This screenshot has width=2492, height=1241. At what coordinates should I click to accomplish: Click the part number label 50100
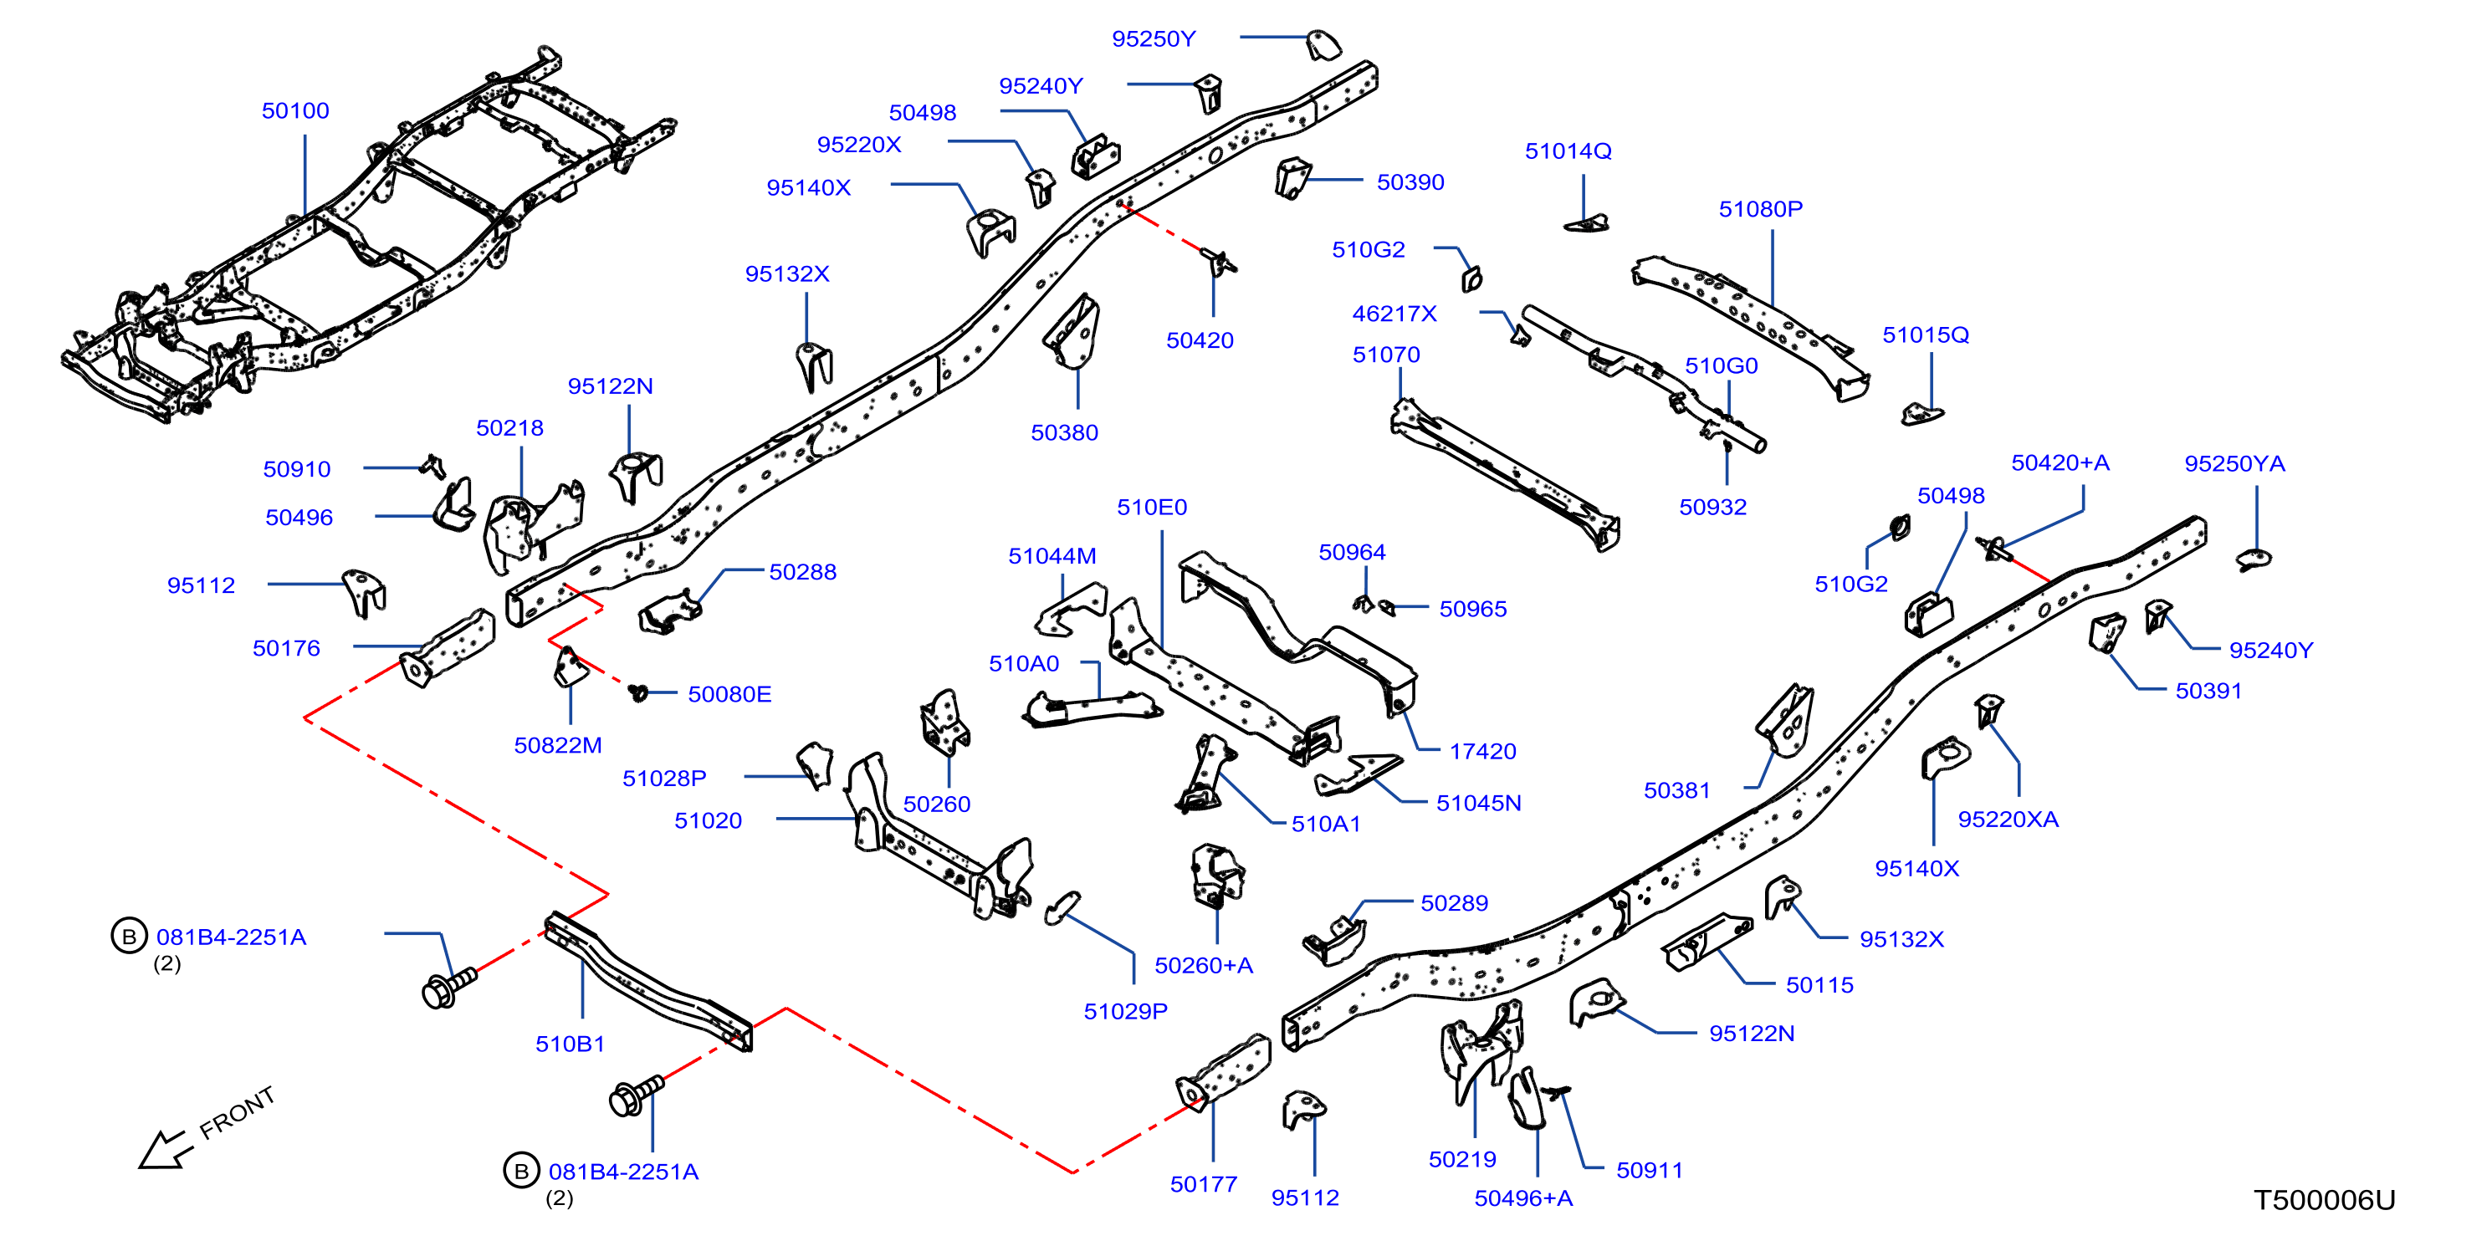click(295, 111)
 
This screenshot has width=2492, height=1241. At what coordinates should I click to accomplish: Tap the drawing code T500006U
click(2324, 1200)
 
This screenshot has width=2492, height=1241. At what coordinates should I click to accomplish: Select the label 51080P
click(1760, 209)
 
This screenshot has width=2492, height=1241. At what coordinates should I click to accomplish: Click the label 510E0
click(1151, 507)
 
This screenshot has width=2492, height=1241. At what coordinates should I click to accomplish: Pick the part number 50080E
click(729, 694)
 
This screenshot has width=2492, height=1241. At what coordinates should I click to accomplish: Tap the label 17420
click(1482, 752)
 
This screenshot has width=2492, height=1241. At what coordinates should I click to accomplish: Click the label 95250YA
click(2234, 464)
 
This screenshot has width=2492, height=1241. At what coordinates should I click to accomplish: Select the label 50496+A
click(1523, 1198)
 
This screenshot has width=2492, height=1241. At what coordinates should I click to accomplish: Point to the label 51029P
click(1125, 1012)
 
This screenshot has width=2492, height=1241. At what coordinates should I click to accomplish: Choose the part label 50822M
click(558, 746)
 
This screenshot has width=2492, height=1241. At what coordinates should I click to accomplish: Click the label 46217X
click(1394, 314)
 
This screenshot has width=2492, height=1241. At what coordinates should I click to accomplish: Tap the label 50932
click(1712, 508)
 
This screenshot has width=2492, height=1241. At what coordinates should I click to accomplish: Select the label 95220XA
click(2008, 820)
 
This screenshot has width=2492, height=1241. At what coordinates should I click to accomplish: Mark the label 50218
click(509, 428)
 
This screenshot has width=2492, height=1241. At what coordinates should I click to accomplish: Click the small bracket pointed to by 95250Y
click(1323, 44)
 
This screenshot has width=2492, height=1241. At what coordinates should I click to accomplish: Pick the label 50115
click(1819, 986)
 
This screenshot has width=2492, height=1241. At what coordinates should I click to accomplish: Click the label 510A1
click(1325, 824)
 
